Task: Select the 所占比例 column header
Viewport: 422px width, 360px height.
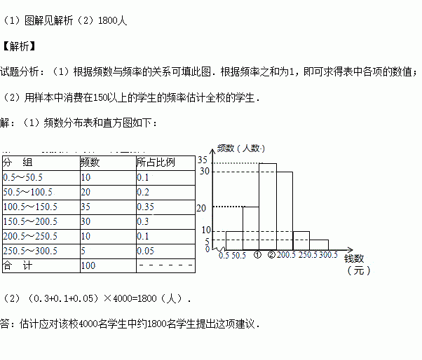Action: (156, 162)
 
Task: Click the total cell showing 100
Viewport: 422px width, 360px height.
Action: (88, 265)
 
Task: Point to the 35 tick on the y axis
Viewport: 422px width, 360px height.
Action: (204, 162)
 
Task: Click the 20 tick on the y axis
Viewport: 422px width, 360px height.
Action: (204, 207)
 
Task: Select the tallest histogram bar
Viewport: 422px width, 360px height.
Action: (268, 207)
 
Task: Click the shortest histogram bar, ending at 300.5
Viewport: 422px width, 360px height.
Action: (318, 244)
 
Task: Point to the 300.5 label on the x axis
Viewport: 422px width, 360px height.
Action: (328, 255)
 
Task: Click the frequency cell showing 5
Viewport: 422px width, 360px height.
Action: (84, 251)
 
